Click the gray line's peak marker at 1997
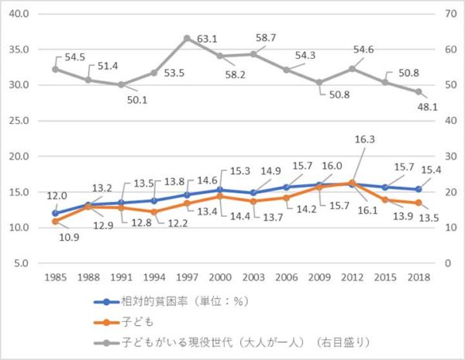tap(187, 38)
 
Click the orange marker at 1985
tap(55, 221)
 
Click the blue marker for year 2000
tap(220, 190)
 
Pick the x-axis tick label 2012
tap(353, 276)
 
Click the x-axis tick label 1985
tap(55, 276)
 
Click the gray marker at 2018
tap(418, 91)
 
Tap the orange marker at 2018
tap(418, 203)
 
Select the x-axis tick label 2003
tap(253, 276)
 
